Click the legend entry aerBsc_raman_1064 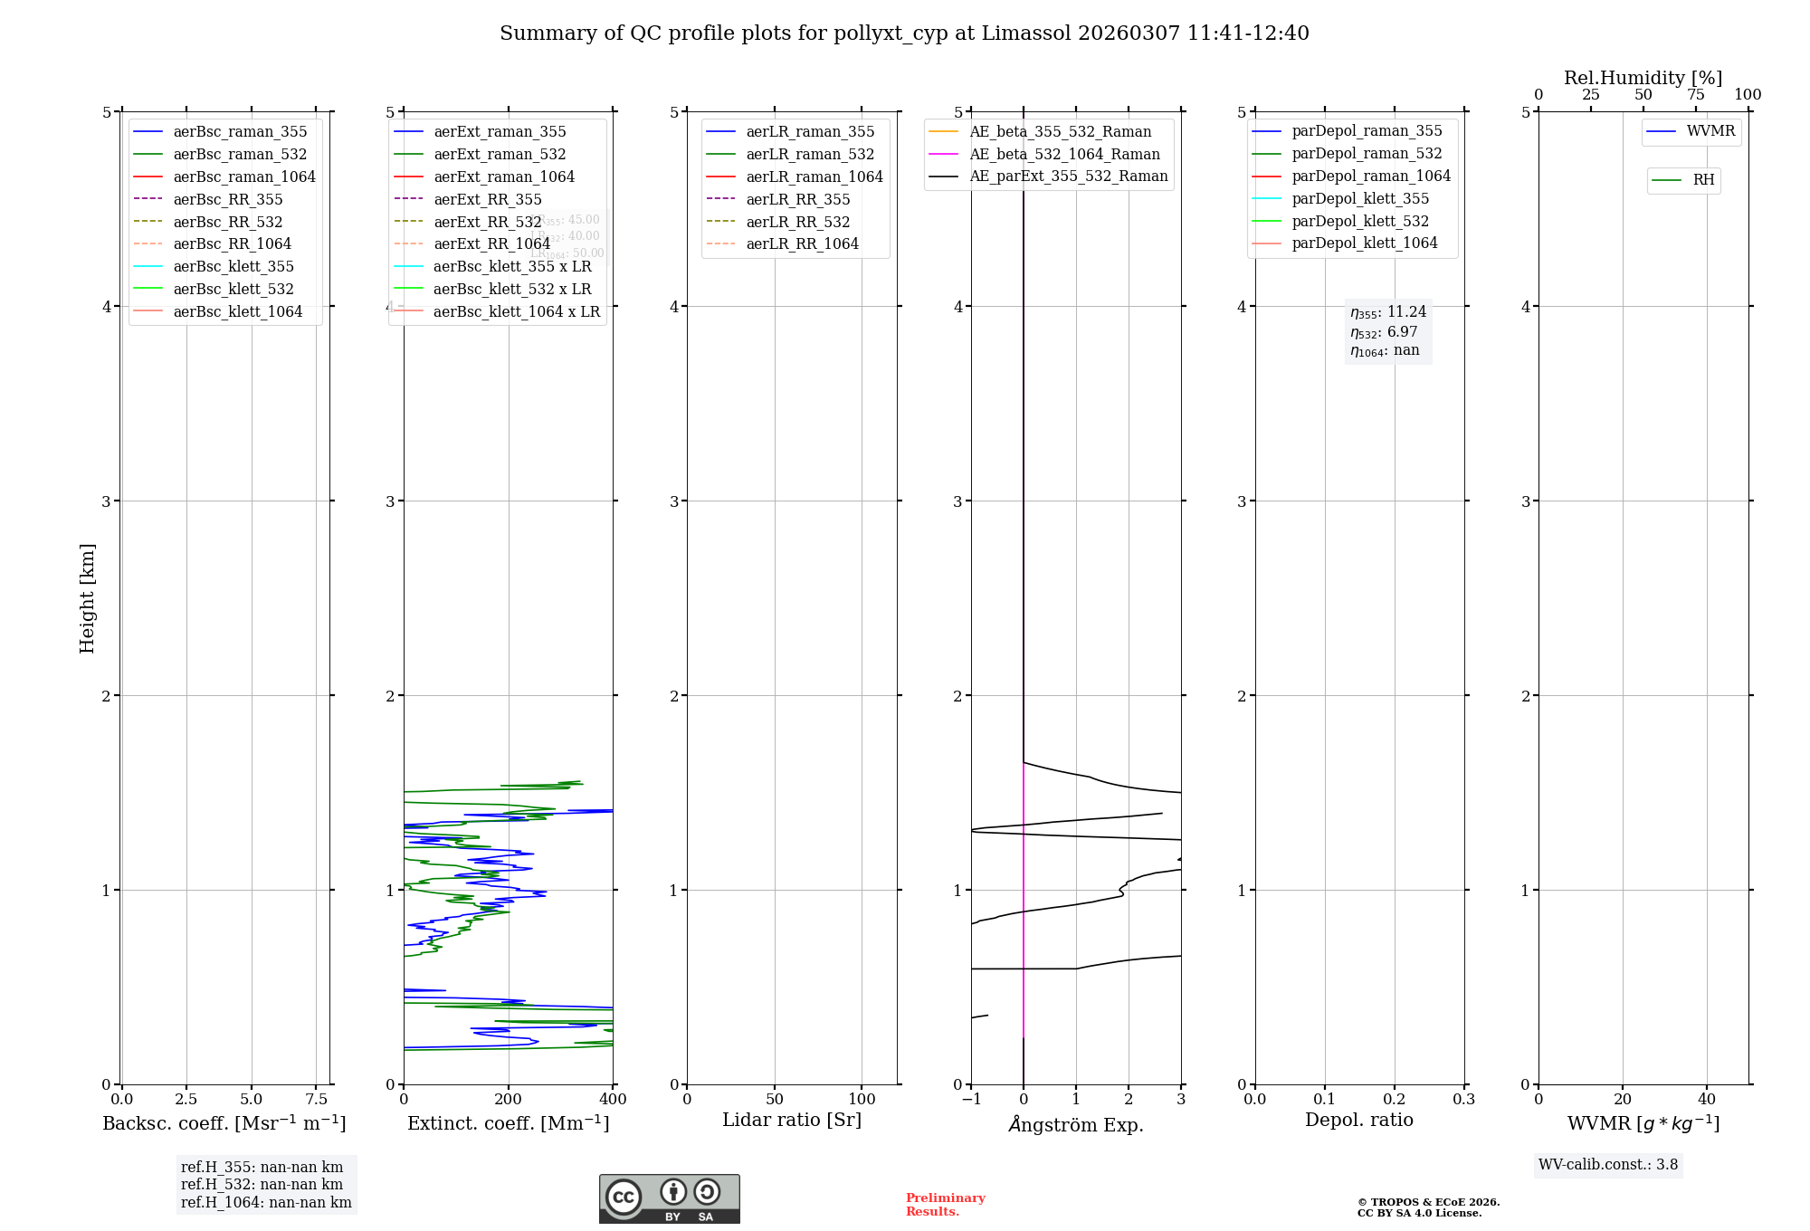pyautogui.click(x=244, y=177)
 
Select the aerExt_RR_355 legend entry pyautogui.click(x=487, y=199)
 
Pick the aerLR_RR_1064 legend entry pyautogui.click(x=802, y=243)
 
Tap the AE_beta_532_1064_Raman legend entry pyautogui.click(x=1064, y=154)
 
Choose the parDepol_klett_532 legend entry pyautogui.click(x=1359, y=221)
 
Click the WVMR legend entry pyautogui.click(x=1710, y=131)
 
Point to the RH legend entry pyautogui.click(x=1703, y=180)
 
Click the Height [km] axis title pyautogui.click(x=87, y=598)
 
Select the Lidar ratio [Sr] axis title pyautogui.click(x=792, y=1120)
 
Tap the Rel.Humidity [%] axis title pyautogui.click(x=1643, y=78)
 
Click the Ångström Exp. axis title pyautogui.click(x=1076, y=1124)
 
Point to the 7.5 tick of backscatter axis pyautogui.click(x=316, y=1099)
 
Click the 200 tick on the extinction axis pyautogui.click(x=509, y=1099)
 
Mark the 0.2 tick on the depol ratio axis pyautogui.click(x=1395, y=1099)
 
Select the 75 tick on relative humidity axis pyautogui.click(x=1695, y=94)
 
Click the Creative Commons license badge pyautogui.click(x=669, y=1198)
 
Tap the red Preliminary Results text pyautogui.click(x=945, y=1205)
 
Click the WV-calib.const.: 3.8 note pyautogui.click(x=1607, y=1165)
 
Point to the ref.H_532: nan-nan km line pyautogui.click(x=262, y=1185)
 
